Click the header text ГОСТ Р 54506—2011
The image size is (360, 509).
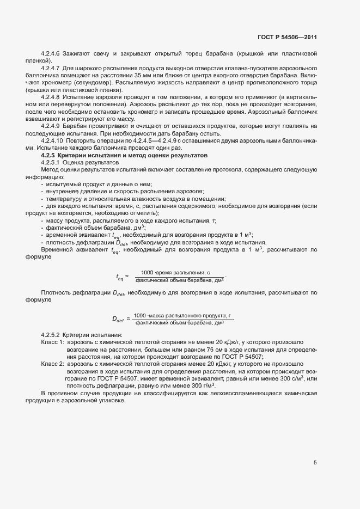[x=286, y=37]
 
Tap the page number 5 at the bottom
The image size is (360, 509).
[x=315, y=463]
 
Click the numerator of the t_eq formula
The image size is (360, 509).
[x=175, y=272]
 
